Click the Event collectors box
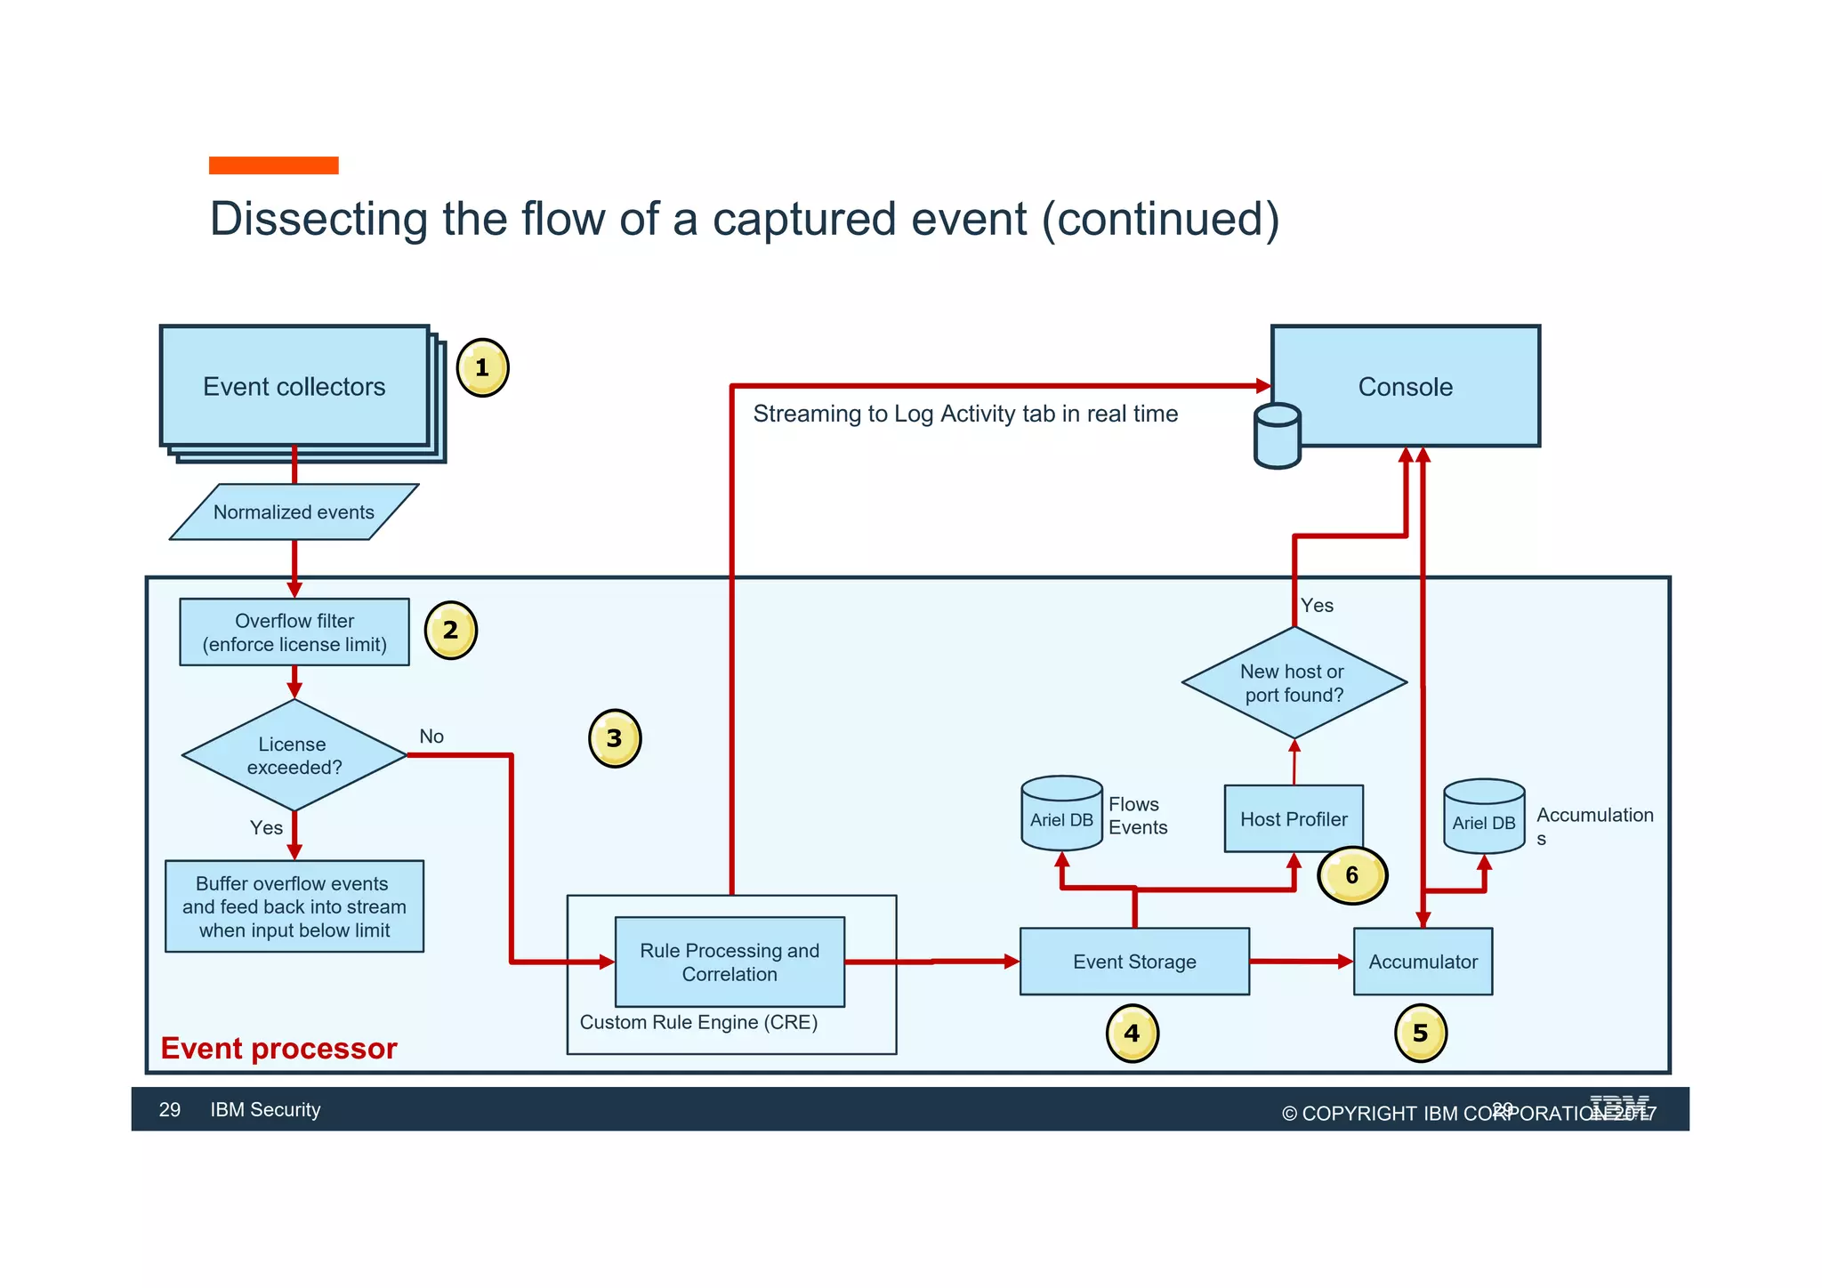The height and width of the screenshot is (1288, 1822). [294, 386]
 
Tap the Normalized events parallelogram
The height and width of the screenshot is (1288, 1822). [294, 512]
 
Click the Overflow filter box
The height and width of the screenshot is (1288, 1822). [294, 632]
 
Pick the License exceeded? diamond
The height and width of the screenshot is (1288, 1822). [294, 755]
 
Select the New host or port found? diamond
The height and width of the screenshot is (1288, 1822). [1294, 683]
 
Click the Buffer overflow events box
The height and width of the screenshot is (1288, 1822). [294, 906]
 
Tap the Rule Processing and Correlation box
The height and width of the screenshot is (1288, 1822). [730, 962]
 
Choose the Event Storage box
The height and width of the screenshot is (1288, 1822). [1134, 962]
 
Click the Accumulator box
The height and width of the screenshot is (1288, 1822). [1423, 962]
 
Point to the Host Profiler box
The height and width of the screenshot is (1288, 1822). [1294, 819]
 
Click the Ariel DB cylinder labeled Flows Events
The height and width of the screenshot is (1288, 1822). [1061, 814]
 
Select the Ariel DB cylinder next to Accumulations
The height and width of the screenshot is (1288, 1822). [1484, 817]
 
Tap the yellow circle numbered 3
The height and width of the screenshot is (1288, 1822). [615, 738]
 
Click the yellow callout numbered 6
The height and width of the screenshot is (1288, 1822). [1352, 875]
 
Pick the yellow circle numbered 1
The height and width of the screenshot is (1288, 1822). [482, 367]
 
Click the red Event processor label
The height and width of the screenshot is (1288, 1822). [278, 1049]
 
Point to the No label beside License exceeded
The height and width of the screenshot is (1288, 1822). [431, 737]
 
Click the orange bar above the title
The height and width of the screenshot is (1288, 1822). [273, 165]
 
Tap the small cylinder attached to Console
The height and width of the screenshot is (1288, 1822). [1278, 437]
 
